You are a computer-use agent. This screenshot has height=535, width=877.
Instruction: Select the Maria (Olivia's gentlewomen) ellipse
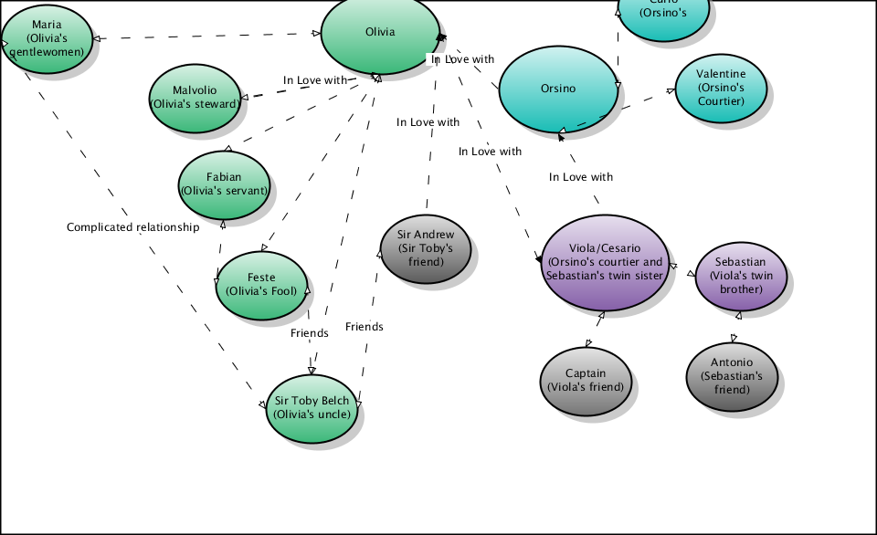click(48, 38)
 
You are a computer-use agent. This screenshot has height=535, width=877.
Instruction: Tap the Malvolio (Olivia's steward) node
click(195, 98)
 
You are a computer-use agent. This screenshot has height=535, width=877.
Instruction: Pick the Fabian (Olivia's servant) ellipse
click(224, 184)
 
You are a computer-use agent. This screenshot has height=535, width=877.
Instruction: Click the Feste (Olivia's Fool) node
click(261, 285)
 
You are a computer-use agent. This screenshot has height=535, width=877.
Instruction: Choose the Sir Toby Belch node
click(312, 407)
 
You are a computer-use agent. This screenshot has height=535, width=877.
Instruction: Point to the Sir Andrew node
click(426, 248)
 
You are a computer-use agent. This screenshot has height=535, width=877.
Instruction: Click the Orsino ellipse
click(558, 89)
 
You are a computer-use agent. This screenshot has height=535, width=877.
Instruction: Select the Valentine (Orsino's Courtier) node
click(720, 88)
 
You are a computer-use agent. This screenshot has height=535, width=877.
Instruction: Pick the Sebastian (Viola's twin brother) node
click(740, 276)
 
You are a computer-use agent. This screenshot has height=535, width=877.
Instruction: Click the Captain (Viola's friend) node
click(586, 380)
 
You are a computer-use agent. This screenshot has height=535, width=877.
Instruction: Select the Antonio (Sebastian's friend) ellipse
click(732, 376)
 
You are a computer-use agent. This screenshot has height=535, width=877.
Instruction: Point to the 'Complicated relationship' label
click(132, 227)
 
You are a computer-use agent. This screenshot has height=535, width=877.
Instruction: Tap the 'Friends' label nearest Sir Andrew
click(364, 327)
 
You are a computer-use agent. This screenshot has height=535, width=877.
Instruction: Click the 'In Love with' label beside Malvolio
click(315, 80)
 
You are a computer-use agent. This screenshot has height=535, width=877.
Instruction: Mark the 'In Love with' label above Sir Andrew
click(428, 122)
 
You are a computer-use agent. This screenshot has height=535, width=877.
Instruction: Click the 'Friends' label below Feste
click(309, 333)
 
